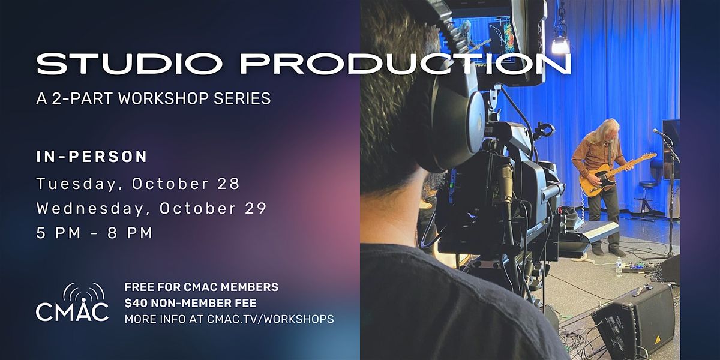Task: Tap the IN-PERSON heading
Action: pyautogui.click(x=92, y=157)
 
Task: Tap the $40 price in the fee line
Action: pyautogui.click(x=136, y=303)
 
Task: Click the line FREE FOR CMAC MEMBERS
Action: pyautogui.click(x=201, y=287)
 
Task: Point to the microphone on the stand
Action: pyautogui.click(x=659, y=133)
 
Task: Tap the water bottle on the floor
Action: pyautogui.click(x=619, y=266)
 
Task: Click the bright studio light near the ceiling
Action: pyautogui.click(x=560, y=43)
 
